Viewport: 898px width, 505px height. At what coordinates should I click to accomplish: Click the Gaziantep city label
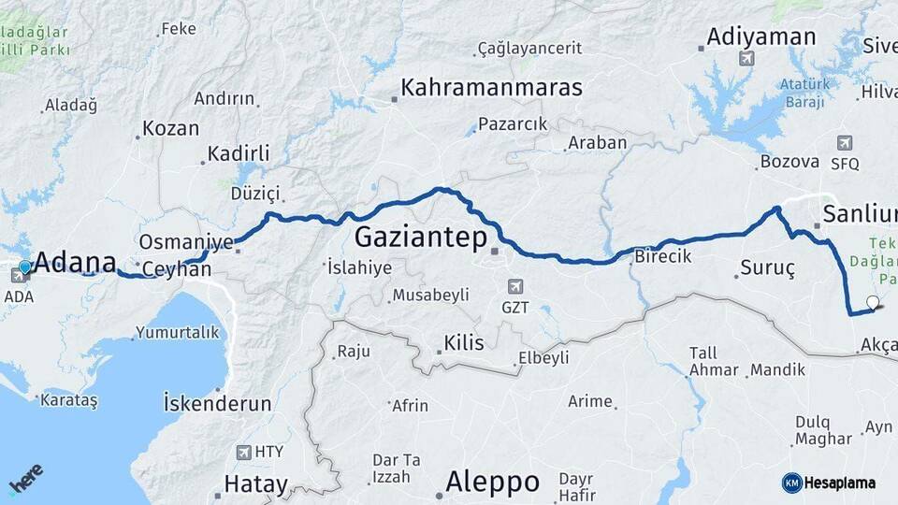(x=421, y=238)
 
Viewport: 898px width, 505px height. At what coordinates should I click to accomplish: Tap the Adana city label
(x=75, y=262)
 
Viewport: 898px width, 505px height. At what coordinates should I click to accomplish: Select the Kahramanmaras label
(x=491, y=88)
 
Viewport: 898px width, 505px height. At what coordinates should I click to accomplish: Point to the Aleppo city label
(x=492, y=482)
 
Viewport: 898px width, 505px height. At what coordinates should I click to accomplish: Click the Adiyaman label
(x=760, y=36)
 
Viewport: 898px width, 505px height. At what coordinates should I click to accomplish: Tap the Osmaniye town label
(x=185, y=242)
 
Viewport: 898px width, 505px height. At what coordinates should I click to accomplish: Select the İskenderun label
(x=217, y=404)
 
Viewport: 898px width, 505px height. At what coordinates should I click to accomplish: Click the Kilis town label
(x=465, y=343)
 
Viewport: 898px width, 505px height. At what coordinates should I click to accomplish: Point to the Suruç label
(x=767, y=268)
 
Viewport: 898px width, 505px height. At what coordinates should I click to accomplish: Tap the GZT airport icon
(x=514, y=286)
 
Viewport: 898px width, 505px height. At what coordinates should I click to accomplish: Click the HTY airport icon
(x=244, y=453)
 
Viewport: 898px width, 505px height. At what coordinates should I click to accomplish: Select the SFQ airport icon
(x=845, y=143)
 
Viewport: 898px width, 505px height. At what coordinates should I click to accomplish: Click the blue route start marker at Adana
(x=25, y=267)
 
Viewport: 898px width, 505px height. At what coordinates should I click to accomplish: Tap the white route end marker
(x=873, y=302)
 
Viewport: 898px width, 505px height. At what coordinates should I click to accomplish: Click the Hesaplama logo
(x=829, y=483)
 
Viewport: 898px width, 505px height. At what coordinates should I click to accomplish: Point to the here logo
(x=27, y=478)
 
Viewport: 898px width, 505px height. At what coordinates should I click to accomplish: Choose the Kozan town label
(x=170, y=129)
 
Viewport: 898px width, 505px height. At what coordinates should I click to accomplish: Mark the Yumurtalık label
(x=177, y=332)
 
